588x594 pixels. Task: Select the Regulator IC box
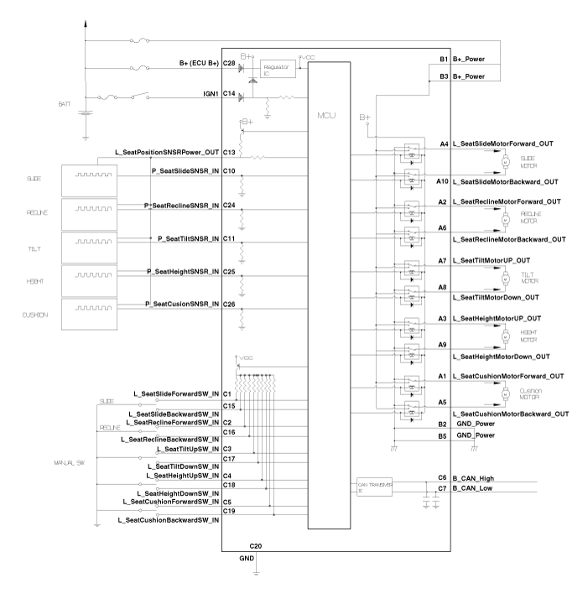tap(276, 67)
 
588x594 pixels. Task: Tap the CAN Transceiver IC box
tap(374, 487)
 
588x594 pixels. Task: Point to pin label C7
tap(443, 487)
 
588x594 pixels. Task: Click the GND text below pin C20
tap(247, 557)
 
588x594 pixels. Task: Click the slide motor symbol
tap(505, 159)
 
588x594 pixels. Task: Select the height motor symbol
tap(505, 335)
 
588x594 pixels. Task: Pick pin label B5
tap(442, 436)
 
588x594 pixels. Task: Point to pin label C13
tap(229, 153)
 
